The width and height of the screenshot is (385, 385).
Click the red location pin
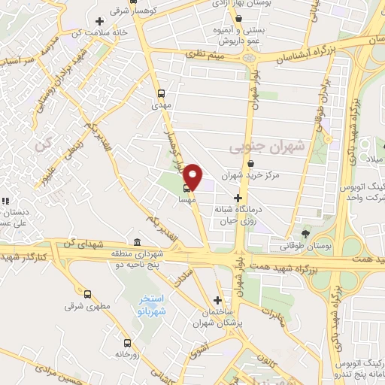pos(193,177)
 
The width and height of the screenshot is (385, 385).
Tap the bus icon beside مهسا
pos(186,189)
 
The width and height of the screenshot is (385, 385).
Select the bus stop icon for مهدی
pos(161,94)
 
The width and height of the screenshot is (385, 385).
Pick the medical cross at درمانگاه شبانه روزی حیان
pos(238,198)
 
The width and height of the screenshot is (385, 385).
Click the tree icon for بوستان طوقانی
pos(305,233)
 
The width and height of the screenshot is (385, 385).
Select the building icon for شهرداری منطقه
pos(136,242)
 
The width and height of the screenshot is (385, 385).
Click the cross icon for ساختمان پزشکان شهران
pos(218,299)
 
